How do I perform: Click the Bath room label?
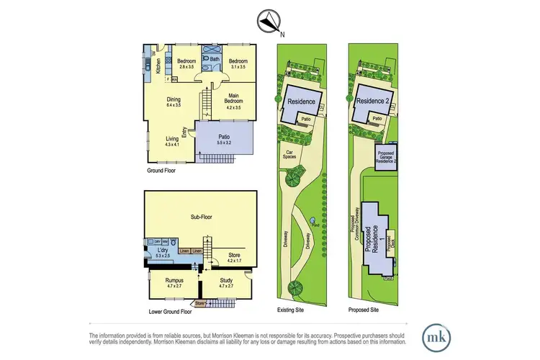[x=215, y=60]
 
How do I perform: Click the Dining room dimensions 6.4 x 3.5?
[x=174, y=105]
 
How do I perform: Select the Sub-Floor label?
[x=204, y=216]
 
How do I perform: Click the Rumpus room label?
[x=171, y=281]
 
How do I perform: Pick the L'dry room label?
[x=161, y=250]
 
